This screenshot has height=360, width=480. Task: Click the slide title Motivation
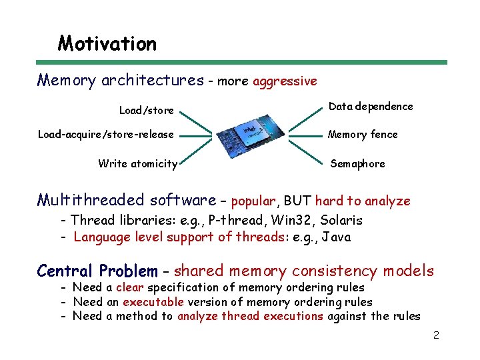pyautogui.click(x=107, y=44)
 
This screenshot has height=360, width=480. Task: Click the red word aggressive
pyautogui.click(x=285, y=81)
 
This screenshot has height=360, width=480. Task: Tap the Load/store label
pyautogui.click(x=146, y=110)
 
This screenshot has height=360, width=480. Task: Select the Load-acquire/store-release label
pyautogui.click(x=105, y=135)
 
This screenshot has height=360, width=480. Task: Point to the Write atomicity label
pyautogui.click(x=137, y=163)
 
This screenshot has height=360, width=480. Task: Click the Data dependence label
pyautogui.click(x=371, y=107)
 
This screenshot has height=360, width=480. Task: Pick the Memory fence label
pyautogui.click(x=363, y=135)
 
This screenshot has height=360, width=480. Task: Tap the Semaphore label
pyautogui.click(x=357, y=163)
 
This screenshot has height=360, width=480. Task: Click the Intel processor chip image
pyautogui.click(x=245, y=135)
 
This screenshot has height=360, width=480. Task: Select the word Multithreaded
pyautogui.click(x=91, y=200)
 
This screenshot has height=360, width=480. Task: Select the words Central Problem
pyautogui.click(x=97, y=271)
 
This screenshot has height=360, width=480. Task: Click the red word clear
pyautogui.click(x=129, y=287)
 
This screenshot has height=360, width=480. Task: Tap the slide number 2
pyautogui.click(x=436, y=335)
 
